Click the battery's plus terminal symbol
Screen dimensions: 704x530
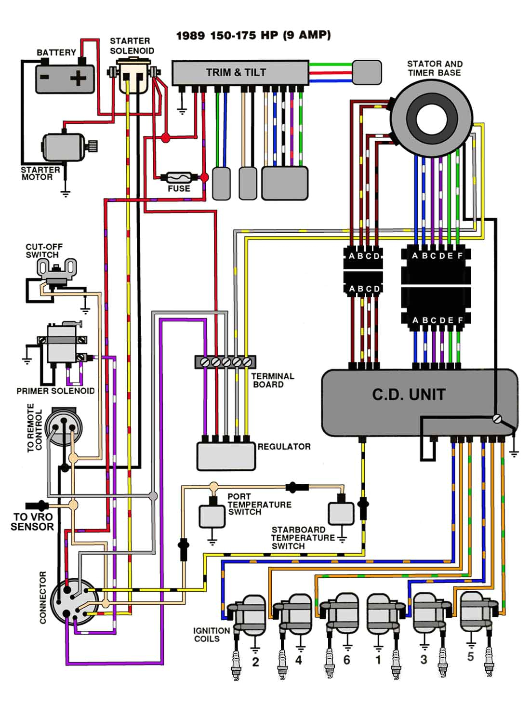78,78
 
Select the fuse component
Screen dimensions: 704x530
179,178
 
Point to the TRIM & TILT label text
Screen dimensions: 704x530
236,73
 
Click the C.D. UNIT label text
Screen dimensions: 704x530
409,395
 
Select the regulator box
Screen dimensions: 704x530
225,456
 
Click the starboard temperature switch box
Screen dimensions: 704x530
341,514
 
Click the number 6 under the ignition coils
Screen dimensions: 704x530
346,660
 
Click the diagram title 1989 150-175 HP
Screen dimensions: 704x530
253,36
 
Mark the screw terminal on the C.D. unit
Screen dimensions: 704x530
497,419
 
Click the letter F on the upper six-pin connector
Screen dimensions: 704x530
460,256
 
